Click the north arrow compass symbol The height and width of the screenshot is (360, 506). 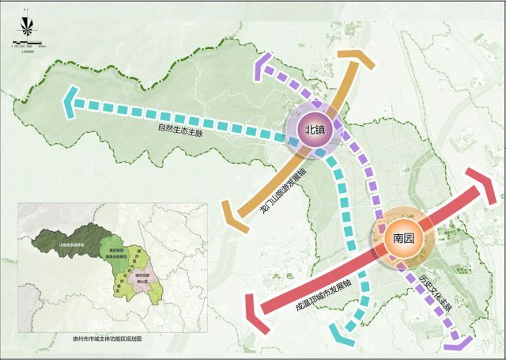pos(25,24)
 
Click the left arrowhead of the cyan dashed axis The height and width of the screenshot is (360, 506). pos(71,100)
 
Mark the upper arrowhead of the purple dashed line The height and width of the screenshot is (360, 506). pos(263,67)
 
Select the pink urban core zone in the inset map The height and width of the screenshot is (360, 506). pos(142,279)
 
